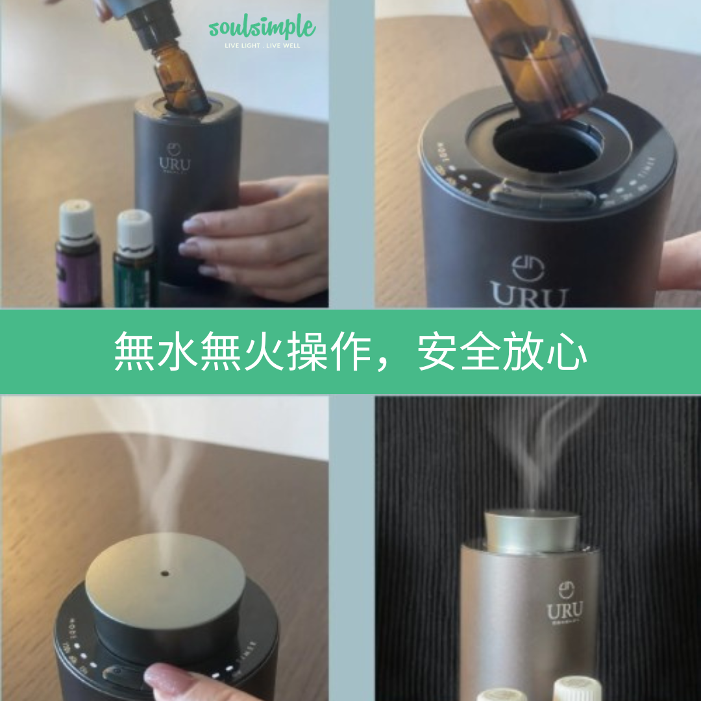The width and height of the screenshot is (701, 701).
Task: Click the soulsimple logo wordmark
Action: click(262, 29)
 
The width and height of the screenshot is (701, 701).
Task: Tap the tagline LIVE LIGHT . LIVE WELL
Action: click(262, 46)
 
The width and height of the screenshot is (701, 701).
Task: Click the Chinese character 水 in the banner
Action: click(177, 352)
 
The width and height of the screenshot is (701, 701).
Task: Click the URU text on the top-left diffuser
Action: click(175, 163)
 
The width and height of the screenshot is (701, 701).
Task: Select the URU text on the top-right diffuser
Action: click(528, 295)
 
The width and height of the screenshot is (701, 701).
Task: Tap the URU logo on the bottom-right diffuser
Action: click(564, 610)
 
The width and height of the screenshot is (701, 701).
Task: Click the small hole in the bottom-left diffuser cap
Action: click(164, 574)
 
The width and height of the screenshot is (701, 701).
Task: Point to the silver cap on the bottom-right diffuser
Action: click(532, 531)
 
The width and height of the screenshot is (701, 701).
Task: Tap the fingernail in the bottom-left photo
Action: click(162, 679)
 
